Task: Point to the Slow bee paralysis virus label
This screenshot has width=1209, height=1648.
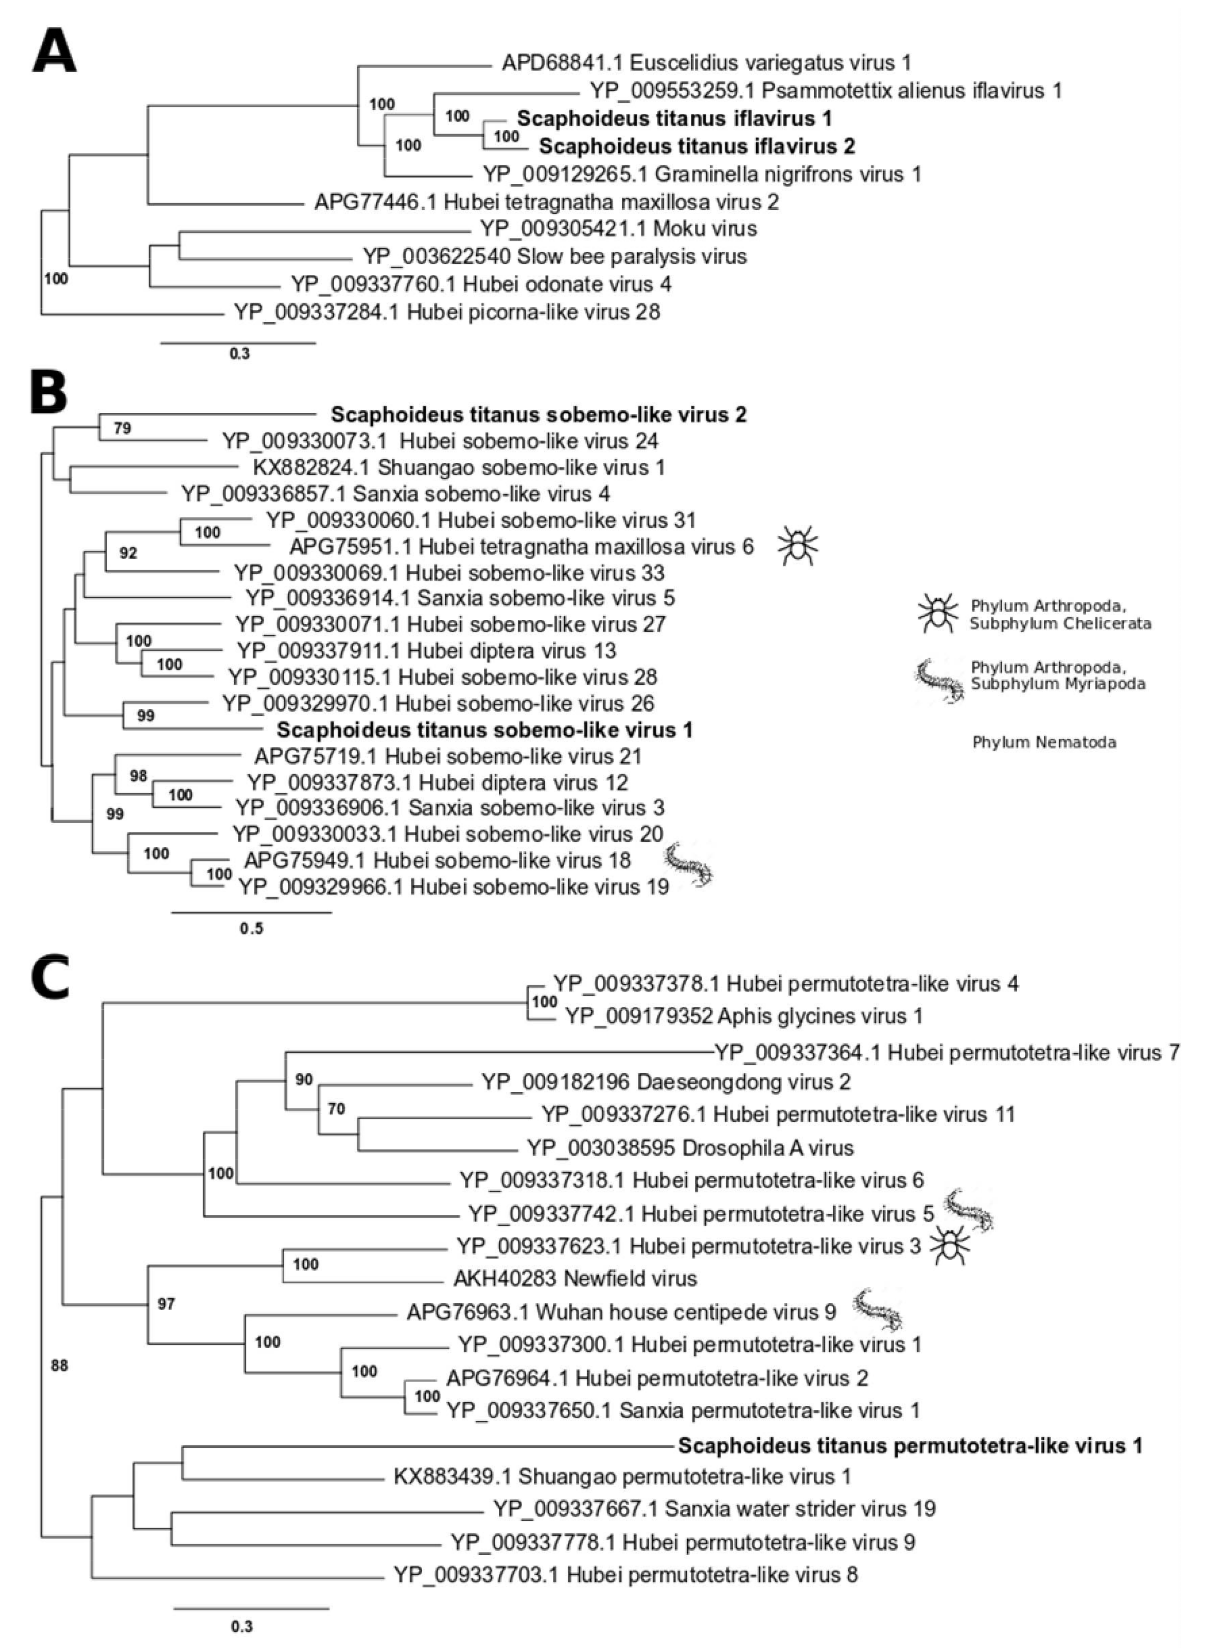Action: tap(555, 256)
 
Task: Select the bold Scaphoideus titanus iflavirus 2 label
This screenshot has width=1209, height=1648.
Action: tap(697, 146)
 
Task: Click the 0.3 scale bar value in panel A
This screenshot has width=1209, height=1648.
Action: tap(239, 353)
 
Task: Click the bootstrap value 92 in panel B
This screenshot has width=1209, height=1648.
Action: tap(128, 553)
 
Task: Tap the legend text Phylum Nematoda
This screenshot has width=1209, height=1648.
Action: tap(1044, 742)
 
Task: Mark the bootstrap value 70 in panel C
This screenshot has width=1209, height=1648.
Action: tap(336, 1109)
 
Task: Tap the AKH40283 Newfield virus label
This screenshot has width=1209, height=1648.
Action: tap(575, 1278)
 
